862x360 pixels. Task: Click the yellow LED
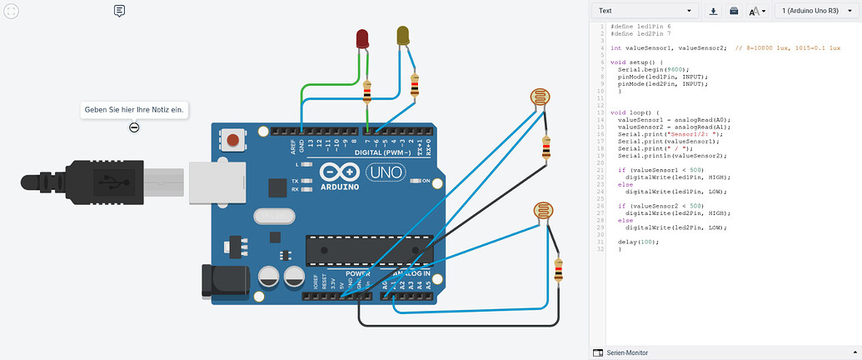point(403,36)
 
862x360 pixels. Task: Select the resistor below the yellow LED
point(415,84)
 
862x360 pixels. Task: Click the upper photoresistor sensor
point(541,97)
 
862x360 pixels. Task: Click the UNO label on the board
point(386,172)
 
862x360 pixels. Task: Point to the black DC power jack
point(219,280)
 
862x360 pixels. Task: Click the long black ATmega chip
point(369,248)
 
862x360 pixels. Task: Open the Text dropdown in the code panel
point(645,11)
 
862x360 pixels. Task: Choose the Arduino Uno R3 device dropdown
point(815,11)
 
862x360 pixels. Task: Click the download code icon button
point(714,11)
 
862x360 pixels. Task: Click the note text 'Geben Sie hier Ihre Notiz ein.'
point(134,109)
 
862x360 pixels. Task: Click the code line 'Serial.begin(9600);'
point(646,70)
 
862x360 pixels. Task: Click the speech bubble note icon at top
point(119,11)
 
